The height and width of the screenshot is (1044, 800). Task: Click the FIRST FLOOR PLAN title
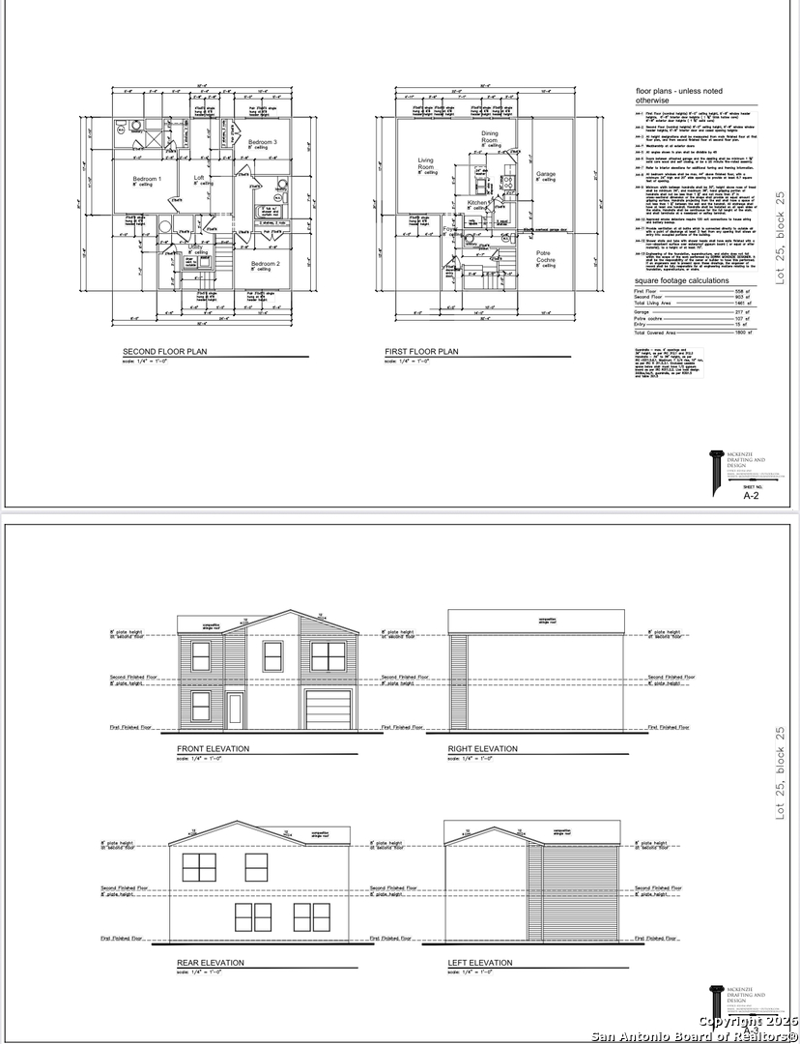[421, 352]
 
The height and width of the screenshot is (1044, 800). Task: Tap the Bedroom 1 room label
[147, 179]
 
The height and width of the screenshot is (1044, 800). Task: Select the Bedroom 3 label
[262, 142]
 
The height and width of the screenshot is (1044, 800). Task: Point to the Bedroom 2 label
[265, 263]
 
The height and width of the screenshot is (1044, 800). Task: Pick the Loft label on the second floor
[199, 178]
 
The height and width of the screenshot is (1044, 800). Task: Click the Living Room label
[426, 164]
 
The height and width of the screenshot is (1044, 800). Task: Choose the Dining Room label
[490, 137]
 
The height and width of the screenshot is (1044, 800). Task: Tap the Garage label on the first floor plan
[546, 174]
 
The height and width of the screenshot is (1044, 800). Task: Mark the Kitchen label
[478, 203]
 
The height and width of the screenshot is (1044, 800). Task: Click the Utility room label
[195, 247]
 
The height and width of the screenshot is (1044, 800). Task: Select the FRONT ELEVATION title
[213, 749]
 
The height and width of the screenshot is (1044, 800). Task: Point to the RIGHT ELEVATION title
[482, 749]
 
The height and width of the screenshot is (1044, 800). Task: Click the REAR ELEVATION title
[210, 963]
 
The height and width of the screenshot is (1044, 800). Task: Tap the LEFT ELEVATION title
[480, 963]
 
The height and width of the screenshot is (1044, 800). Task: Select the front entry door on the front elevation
[235, 710]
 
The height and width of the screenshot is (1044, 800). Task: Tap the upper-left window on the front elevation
[201, 656]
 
